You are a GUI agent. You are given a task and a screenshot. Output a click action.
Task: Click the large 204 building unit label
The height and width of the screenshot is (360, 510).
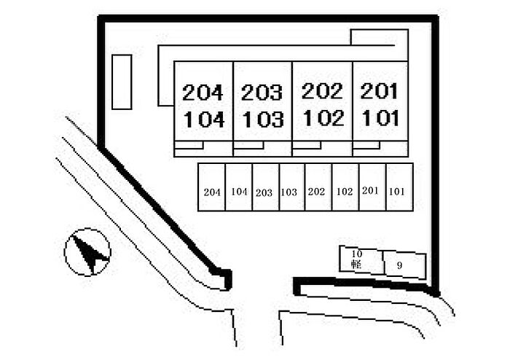point(203,93)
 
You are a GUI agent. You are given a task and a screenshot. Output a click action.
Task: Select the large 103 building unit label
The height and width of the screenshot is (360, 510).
point(263,119)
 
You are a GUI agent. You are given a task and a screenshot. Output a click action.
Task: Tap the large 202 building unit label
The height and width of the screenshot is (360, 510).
point(322,91)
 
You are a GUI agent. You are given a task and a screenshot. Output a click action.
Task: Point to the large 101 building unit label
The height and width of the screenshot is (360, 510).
point(380,118)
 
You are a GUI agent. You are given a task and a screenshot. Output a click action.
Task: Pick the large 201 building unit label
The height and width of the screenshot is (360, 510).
point(380,91)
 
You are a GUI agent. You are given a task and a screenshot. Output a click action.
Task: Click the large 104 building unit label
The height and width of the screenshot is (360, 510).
point(204,120)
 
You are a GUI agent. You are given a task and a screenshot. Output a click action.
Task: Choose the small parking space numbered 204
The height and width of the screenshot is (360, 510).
point(212,187)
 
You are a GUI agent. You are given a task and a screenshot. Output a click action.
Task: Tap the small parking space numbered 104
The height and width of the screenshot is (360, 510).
point(239,187)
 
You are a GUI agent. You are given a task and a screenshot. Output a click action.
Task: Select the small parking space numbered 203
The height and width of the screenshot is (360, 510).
point(266,187)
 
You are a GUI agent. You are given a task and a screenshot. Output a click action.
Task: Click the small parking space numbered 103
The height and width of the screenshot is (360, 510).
point(292,187)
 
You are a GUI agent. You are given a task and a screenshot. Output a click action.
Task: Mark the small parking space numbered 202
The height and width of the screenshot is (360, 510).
point(318,187)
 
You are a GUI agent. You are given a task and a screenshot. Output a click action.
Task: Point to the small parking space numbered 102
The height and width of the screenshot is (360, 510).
point(345,187)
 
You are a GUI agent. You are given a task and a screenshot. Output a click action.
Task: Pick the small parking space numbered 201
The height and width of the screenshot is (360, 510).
point(372,187)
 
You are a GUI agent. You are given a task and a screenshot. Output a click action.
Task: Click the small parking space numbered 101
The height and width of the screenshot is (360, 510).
point(400,187)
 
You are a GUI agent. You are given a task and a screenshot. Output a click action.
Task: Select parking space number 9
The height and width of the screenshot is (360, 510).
point(404,265)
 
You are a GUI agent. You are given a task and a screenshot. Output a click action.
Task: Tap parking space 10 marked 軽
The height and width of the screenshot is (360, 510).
point(361,260)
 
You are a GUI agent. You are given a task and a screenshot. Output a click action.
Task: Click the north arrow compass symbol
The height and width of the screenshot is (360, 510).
point(87,252)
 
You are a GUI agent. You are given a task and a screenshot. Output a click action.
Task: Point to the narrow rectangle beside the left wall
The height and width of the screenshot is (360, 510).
point(122,82)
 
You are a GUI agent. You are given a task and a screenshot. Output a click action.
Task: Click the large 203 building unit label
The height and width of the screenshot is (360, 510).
point(262,93)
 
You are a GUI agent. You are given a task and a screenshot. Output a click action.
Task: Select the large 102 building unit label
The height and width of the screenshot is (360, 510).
point(323,118)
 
